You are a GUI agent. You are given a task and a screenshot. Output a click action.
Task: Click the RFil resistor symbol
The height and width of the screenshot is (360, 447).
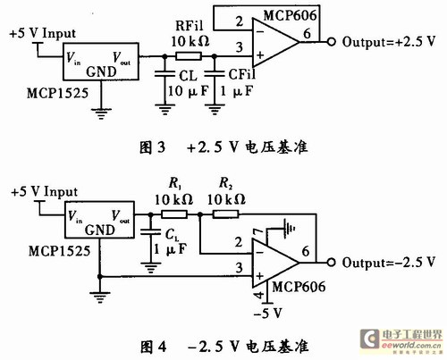point(189,56)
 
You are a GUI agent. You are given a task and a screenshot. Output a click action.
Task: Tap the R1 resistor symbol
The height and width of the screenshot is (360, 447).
point(174,214)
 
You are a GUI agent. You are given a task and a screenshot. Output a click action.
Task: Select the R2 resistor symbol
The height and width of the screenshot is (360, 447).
point(225,214)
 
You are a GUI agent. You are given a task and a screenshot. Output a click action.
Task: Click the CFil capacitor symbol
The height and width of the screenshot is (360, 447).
point(215,74)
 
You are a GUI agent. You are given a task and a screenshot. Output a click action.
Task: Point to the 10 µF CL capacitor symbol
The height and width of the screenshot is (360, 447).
point(164,74)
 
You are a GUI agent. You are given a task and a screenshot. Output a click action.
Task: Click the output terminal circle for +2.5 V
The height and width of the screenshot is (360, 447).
point(331,42)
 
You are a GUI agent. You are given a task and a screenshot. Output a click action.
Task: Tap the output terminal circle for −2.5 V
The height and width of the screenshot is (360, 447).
point(331,263)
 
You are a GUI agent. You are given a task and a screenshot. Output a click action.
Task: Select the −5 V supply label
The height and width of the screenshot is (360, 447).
point(267,314)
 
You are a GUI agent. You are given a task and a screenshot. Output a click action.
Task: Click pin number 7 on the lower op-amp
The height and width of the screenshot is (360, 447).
point(257,233)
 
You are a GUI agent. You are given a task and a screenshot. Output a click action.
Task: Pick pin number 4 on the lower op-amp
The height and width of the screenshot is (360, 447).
point(259,295)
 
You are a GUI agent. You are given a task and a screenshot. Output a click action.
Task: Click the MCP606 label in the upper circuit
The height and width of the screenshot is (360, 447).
point(290,15)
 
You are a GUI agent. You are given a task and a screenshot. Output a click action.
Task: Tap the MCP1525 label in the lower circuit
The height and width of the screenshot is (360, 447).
point(59,251)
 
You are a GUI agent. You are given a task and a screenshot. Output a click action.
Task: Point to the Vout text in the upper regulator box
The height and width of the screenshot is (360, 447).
point(122,58)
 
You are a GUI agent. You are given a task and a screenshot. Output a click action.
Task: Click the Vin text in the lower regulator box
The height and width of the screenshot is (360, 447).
point(75,216)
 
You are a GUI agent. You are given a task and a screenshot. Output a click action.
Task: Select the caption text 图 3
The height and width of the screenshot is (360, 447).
point(152,147)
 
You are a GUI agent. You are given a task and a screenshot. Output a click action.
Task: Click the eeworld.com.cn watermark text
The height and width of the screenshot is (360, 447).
point(411,346)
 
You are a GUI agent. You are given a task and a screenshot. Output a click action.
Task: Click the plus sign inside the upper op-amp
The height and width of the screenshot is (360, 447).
point(260,55)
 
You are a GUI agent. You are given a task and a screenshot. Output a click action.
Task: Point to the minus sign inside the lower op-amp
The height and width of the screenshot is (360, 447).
point(259,253)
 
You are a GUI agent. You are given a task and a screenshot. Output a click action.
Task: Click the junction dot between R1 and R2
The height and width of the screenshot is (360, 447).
point(200,214)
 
